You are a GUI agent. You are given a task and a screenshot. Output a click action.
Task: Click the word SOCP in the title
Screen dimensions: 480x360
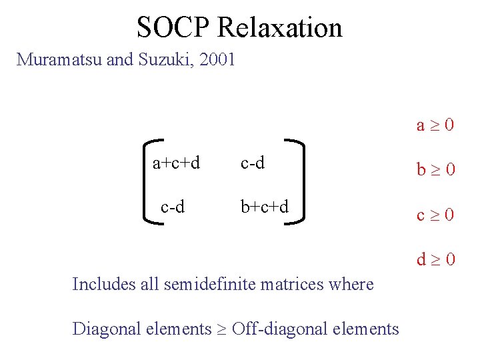pos(173,27)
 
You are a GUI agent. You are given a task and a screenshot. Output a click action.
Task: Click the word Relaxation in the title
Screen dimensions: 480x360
pos(279,27)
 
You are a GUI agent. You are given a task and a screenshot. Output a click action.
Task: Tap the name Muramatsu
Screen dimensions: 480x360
pos(59,60)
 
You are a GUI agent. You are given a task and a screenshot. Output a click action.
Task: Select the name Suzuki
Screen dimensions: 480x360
pos(163,60)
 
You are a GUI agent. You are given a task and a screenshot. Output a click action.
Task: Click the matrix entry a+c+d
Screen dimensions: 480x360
pos(176,163)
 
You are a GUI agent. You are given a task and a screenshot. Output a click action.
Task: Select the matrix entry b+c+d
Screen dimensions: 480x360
pos(265,207)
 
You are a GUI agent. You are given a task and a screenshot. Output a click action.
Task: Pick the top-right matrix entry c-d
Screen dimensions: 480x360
pos(253,163)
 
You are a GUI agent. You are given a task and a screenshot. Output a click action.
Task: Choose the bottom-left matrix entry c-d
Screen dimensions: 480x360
pos(173,207)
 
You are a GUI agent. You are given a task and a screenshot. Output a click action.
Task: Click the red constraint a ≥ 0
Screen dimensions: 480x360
pos(435,125)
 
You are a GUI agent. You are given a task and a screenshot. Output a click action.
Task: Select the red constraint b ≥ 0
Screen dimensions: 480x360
pos(435,169)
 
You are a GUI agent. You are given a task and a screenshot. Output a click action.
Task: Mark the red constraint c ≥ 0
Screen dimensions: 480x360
pos(435,215)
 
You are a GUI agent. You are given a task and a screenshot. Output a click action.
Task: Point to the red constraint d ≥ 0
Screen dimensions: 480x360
pos(435,259)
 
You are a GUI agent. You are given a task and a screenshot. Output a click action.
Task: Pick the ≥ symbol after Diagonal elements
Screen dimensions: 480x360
pos(221,329)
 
